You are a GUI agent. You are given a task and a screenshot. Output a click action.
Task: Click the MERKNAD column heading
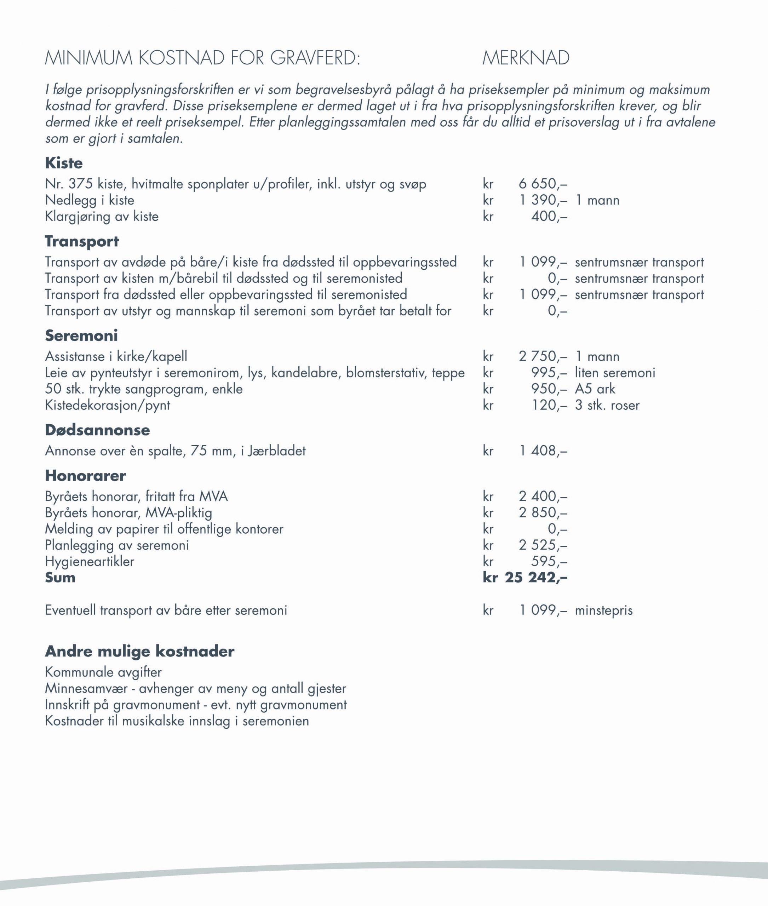[x=526, y=58]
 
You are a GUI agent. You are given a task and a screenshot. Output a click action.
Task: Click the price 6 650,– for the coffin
[x=543, y=184]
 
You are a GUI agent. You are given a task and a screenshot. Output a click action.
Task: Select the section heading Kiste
[x=64, y=163]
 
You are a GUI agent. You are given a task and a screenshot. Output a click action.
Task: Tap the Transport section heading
[x=82, y=241]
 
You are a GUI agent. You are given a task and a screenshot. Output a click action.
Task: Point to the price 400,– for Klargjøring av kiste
[x=549, y=216]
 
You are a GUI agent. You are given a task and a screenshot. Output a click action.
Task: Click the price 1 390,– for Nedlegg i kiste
[x=543, y=200]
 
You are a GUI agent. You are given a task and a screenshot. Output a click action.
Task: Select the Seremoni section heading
[x=81, y=336]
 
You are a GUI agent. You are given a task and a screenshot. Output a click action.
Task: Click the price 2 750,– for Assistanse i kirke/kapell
[x=543, y=357]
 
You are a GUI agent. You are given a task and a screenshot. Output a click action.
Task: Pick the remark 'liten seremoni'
[x=615, y=373]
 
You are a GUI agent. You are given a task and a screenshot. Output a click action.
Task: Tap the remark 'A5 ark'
[x=595, y=389]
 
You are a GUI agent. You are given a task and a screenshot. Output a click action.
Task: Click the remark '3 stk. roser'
[x=607, y=405]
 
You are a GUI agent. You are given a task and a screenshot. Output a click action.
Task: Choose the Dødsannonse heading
[x=98, y=430]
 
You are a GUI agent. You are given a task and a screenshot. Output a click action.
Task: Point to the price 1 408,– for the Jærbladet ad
[x=543, y=451]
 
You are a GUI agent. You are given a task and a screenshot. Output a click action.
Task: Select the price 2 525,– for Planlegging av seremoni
[x=543, y=545]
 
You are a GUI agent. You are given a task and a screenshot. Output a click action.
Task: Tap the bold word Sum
[x=60, y=578]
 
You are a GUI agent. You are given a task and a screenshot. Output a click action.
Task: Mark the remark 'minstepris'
[x=603, y=610]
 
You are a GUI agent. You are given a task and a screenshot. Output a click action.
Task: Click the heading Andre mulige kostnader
[x=140, y=651]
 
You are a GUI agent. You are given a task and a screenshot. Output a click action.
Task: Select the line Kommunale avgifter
[x=103, y=672]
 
